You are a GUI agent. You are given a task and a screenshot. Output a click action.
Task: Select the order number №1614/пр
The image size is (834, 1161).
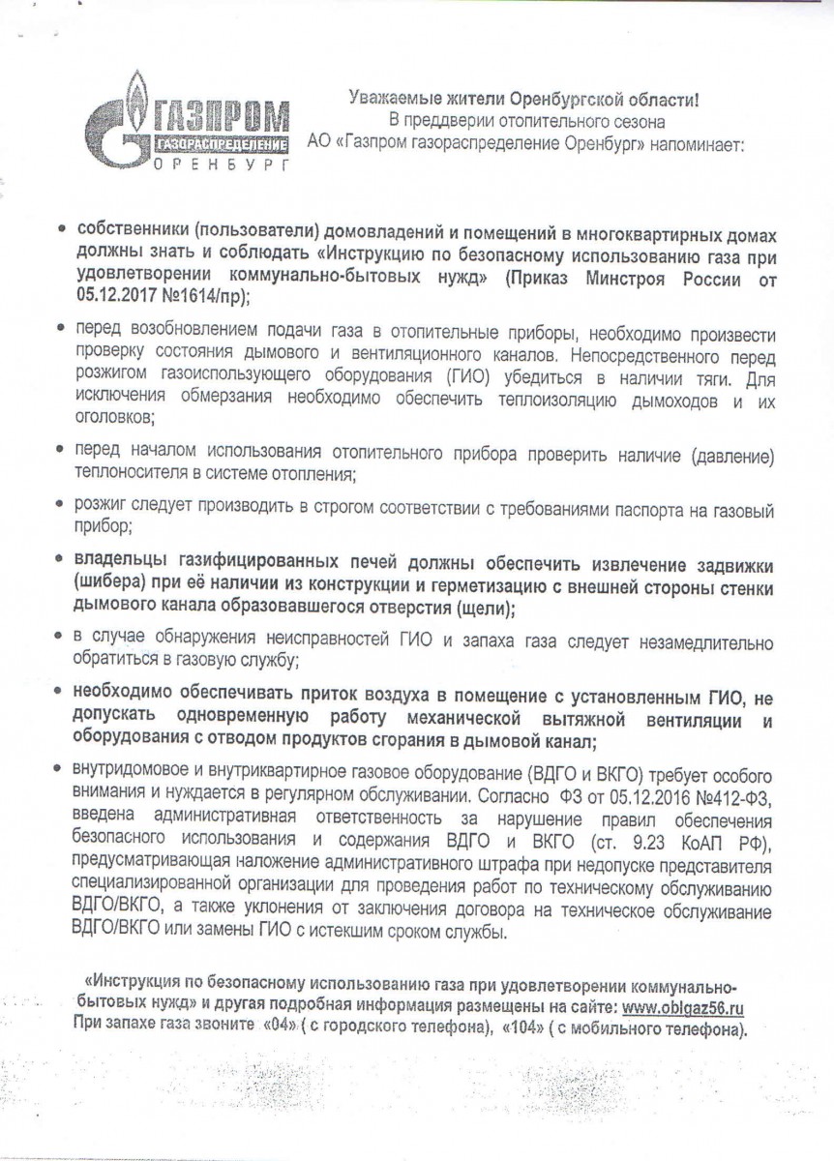196,294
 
